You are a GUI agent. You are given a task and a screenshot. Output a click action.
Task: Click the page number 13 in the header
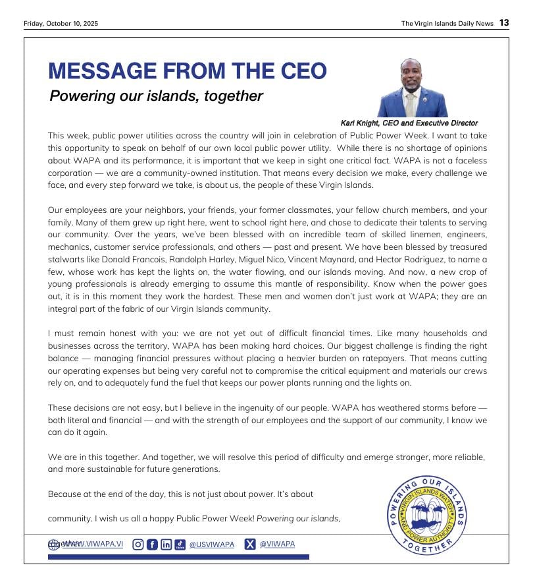[x=503, y=23]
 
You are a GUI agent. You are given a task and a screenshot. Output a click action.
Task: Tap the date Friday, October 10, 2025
[x=61, y=24]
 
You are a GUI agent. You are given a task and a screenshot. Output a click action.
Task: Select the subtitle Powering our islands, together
[x=157, y=96]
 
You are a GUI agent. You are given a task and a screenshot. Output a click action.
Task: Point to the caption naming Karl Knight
[x=409, y=123]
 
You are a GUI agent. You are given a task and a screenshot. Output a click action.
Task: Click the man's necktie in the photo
[x=410, y=104]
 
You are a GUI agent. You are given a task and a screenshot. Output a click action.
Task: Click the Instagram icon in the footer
[x=138, y=544]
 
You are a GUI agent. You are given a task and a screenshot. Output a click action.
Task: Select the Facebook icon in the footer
[x=152, y=544]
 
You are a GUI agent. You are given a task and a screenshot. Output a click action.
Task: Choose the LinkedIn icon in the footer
[x=166, y=544]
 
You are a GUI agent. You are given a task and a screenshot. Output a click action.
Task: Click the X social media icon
[x=250, y=544]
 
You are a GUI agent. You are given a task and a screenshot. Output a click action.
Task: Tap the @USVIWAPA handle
[x=212, y=545]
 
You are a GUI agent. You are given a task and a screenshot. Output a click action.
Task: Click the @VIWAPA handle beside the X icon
[x=277, y=544]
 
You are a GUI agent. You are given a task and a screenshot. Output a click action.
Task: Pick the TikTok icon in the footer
[x=180, y=544]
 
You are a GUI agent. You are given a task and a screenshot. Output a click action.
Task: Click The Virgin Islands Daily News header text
[x=447, y=24]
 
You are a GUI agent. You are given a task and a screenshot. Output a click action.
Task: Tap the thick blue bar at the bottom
[x=178, y=557]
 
